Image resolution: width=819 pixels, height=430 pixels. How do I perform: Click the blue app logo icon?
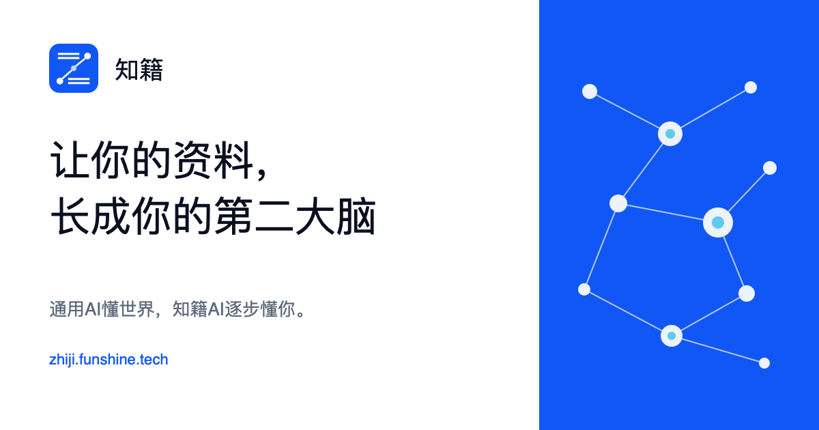pos(74,68)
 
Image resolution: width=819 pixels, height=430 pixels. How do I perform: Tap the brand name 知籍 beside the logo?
pos(139,70)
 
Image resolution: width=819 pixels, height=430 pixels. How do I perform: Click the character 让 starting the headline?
pos(70,160)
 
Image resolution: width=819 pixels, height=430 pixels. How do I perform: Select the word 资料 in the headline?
pos(214,160)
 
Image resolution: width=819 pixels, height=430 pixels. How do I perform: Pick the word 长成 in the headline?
pos(90,216)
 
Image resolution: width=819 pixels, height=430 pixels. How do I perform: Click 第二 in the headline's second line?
pos(254,216)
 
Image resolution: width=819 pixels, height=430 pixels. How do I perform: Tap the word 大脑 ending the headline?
pos(336,216)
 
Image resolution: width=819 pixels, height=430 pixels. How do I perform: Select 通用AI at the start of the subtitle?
pos(75,309)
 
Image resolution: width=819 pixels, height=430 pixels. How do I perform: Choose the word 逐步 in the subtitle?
pos(242,309)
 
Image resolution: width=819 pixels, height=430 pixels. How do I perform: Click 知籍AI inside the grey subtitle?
pos(198,309)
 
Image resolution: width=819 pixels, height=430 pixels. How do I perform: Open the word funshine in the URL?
pos(108,360)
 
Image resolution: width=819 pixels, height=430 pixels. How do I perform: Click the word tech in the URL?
pos(154,360)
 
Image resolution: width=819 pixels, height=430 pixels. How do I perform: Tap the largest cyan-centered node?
pos(718,223)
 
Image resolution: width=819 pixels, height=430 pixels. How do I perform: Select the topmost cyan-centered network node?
pos(670,134)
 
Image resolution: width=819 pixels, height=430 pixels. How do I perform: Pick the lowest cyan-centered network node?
pos(672,336)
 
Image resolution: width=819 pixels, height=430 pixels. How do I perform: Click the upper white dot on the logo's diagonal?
pos(88,56)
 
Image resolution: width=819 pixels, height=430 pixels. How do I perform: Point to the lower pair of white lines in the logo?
pos(79,81)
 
